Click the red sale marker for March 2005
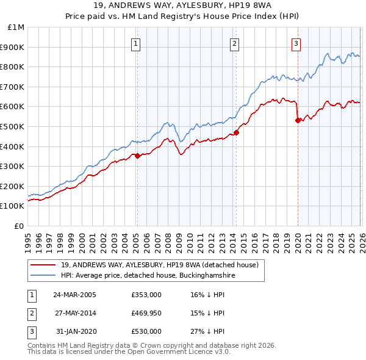point(138,156)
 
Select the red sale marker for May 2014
point(236,132)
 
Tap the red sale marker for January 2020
point(298,120)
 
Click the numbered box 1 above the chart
point(135,43)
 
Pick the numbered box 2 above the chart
point(234,43)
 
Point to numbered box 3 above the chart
point(296,43)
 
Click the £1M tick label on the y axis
point(16,27)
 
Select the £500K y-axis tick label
point(13,126)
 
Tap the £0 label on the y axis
point(19,226)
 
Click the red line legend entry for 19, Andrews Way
point(160,265)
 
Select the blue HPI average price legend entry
point(148,276)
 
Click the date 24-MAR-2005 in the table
point(74,294)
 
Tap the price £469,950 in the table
point(146,313)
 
